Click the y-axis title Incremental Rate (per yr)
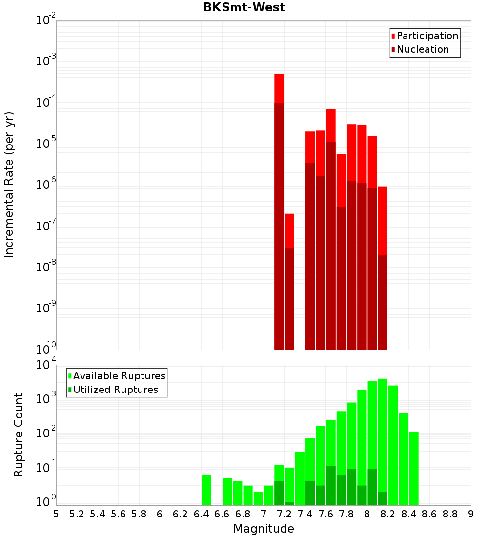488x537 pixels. [9, 185]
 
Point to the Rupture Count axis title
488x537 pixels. [19, 434]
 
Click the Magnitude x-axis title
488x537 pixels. [264, 529]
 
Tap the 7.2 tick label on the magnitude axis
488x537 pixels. [284, 514]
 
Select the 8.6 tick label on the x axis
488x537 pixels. [429, 514]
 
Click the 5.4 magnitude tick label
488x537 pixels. [98, 514]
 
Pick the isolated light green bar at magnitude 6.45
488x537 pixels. [206, 490]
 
